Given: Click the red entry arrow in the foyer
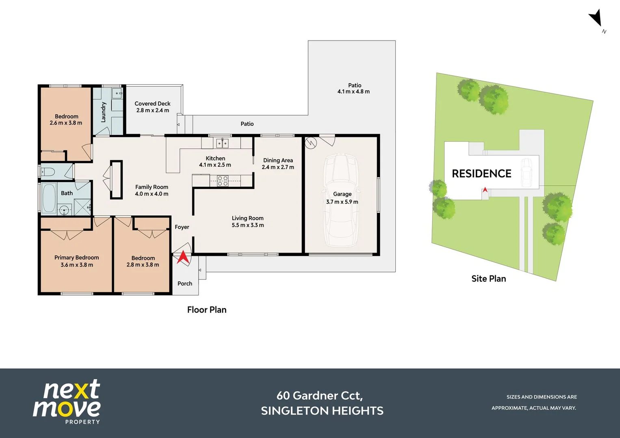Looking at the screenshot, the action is (x=183, y=257).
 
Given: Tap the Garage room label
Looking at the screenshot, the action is (x=342, y=194).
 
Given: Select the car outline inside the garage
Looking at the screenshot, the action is (x=341, y=200).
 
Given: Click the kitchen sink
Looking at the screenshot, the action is (x=222, y=143).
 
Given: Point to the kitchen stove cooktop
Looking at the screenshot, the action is (x=223, y=180).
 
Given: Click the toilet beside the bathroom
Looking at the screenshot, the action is (x=48, y=172).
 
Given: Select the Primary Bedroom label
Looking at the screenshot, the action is (x=76, y=258).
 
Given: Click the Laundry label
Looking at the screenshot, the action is (x=103, y=112).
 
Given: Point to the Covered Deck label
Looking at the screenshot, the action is (x=153, y=104).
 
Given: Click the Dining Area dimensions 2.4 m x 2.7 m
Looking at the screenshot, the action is (x=278, y=167).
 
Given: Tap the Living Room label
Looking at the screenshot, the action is (x=248, y=219).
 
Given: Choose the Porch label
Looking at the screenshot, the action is (x=185, y=283).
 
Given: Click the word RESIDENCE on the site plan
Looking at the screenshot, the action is (x=482, y=174).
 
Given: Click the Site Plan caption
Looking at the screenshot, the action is (x=489, y=279).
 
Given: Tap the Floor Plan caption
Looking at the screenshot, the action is (x=207, y=310).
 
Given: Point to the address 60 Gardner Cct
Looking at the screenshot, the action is (x=320, y=396).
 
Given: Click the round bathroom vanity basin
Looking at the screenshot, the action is (x=64, y=210).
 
